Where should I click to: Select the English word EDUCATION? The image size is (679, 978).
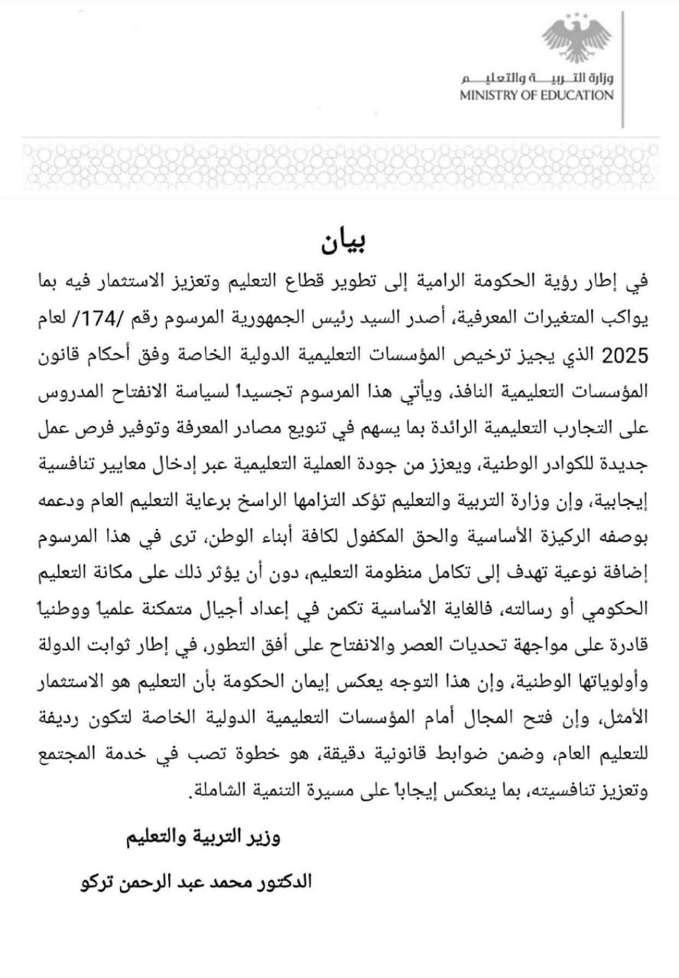[x=577, y=96]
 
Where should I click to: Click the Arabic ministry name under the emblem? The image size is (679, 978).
[x=536, y=79]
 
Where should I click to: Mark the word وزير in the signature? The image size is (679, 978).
[x=264, y=837]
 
